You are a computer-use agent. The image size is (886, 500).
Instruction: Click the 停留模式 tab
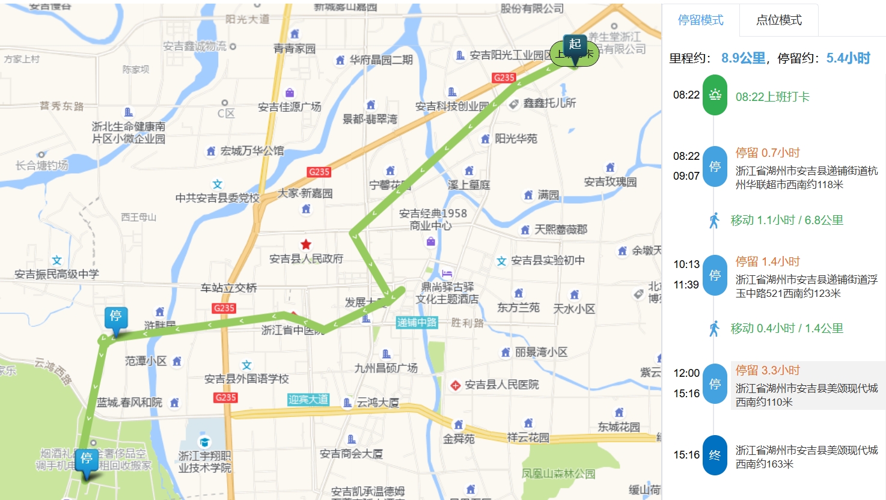pos(700,20)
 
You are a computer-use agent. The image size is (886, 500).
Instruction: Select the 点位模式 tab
pos(778,20)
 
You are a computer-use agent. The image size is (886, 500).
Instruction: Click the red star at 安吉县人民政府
pos(306,244)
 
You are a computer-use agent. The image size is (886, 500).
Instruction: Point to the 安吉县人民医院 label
pos(501,385)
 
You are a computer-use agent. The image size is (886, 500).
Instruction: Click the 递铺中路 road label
pos(417,322)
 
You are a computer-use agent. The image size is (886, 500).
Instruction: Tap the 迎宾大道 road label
pos(308,399)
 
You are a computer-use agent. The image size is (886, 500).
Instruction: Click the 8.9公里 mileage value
pos(743,58)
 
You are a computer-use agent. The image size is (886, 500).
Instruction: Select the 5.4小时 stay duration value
pos(848,58)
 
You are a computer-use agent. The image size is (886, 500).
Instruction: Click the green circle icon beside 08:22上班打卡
pos(715,95)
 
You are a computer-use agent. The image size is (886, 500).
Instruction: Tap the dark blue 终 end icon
pos(715,455)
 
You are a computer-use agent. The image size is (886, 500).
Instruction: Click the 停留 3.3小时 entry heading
pos(768,370)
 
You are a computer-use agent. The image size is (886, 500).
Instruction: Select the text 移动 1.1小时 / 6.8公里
pos(786,220)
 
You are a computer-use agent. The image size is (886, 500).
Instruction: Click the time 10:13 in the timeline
pos(686,264)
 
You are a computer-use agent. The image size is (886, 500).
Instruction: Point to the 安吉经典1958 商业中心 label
pos(433,219)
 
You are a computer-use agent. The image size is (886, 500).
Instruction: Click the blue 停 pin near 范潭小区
pos(115,318)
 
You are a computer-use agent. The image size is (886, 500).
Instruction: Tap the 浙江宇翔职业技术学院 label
pos(205,462)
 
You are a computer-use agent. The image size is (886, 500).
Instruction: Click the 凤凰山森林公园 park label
pos(558,474)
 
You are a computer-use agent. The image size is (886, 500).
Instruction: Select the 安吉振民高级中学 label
pos(57,274)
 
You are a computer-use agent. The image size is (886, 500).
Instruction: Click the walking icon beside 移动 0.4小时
pos(714,329)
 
